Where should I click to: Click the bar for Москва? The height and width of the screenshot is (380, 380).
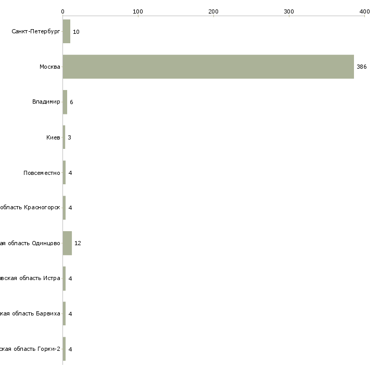pyautogui.click(x=208, y=67)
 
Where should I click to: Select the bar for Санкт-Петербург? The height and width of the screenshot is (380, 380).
pyautogui.click(x=67, y=32)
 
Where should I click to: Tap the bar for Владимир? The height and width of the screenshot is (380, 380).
pyautogui.click(x=65, y=102)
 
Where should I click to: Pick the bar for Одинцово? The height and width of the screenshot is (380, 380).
pyautogui.click(x=67, y=243)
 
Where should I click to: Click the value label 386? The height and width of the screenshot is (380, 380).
pyautogui.click(x=361, y=67)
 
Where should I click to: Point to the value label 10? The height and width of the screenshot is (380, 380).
pyautogui.click(x=76, y=32)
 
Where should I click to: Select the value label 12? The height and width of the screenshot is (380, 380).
pyautogui.click(x=78, y=244)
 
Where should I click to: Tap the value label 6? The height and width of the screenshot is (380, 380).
pyautogui.click(x=71, y=103)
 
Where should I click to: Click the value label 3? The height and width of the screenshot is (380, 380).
pyautogui.click(x=69, y=137)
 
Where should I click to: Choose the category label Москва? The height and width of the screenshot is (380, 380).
pyautogui.click(x=50, y=67)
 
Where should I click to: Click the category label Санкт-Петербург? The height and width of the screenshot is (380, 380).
pyautogui.click(x=35, y=32)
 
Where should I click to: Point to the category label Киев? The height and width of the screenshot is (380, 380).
pyautogui.click(x=53, y=137)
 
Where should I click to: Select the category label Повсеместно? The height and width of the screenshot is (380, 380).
pyautogui.click(x=42, y=173)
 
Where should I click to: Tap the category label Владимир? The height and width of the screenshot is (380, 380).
pyautogui.click(x=46, y=102)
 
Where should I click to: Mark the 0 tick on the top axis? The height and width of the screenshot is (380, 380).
pyautogui.click(x=63, y=11)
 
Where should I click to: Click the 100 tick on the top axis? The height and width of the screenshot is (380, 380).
pyautogui.click(x=138, y=11)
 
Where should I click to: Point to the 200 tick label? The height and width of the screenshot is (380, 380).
pyautogui.click(x=213, y=11)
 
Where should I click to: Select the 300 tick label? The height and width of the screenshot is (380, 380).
pyautogui.click(x=289, y=11)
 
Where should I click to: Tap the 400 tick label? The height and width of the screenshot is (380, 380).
pyautogui.click(x=364, y=11)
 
